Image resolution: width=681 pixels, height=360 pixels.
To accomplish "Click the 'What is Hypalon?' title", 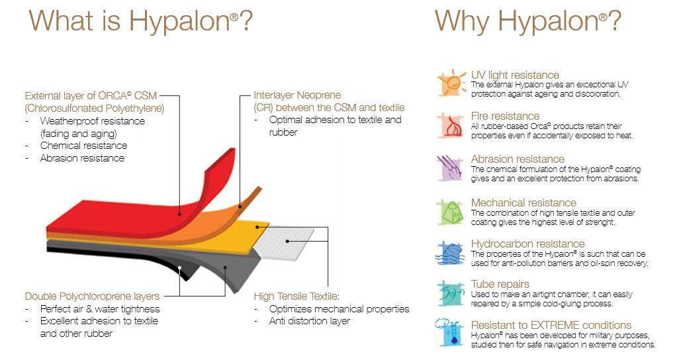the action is [x=141, y=21].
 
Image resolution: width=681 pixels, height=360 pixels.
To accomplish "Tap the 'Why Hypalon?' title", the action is [x=527, y=21].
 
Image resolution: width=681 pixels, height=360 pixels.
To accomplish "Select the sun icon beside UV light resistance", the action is [x=452, y=83].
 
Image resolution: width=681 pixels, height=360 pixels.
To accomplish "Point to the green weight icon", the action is [x=451, y=212].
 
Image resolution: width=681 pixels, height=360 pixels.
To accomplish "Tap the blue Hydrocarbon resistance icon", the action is [x=451, y=253].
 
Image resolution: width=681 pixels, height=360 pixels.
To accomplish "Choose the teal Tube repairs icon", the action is [x=451, y=294].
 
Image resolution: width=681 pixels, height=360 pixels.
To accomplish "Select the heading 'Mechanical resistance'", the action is [x=523, y=202].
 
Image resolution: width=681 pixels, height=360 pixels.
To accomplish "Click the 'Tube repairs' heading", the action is [x=500, y=285].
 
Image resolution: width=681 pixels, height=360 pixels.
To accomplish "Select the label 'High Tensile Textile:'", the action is [x=296, y=296].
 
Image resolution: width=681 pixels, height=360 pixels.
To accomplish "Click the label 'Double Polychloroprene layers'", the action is [x=92, y=296].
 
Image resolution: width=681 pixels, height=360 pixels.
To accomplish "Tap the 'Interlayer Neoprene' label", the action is [x=297, y=95].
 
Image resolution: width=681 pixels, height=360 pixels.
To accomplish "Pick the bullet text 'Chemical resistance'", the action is [x=84, y=146].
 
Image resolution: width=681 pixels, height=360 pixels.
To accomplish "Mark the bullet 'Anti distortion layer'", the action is [x=309, y=321].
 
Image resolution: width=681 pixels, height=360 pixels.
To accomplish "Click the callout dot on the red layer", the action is [x=179, y=214].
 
